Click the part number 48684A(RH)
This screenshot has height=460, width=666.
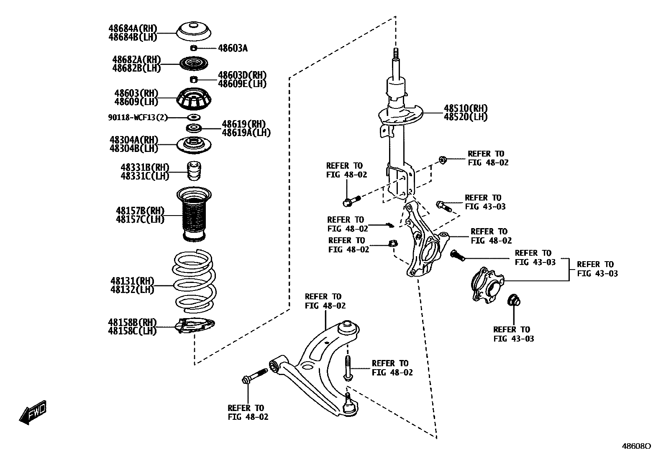coord(133,28)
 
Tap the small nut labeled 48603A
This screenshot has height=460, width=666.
coord(194,48)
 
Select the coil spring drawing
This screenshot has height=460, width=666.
coord(195,281)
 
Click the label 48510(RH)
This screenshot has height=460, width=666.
coord(466,109)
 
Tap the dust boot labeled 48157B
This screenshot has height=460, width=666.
coord(194,214)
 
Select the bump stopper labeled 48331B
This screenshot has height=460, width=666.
coord(193,171)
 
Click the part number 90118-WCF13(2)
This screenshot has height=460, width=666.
coord(137,118)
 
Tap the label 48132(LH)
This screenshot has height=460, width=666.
coord(132,290)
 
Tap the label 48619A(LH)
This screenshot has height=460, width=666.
coord(246,133)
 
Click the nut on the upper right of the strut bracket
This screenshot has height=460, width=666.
coord(442,159)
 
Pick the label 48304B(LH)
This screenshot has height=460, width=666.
coord(133,148)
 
